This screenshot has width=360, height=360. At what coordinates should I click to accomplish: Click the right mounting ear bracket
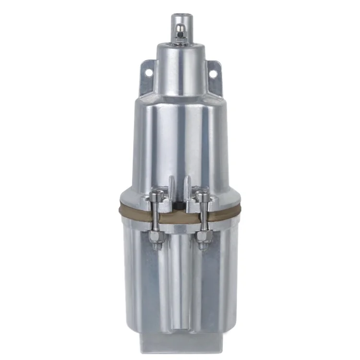point(211,77)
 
